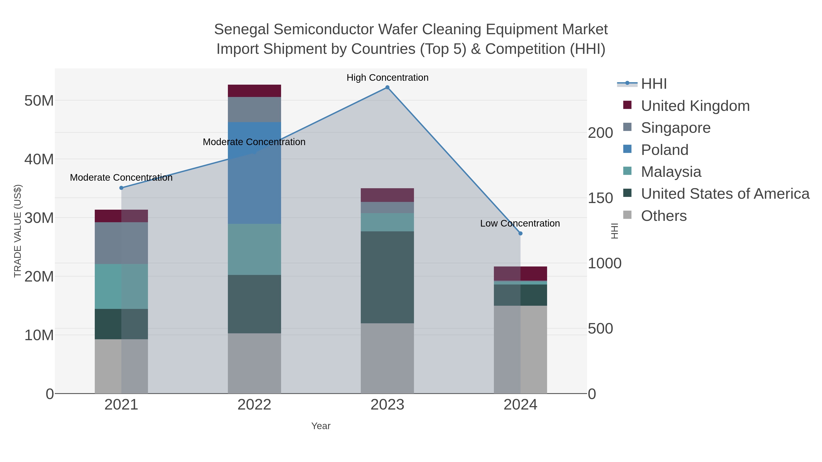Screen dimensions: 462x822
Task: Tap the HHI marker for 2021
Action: pyautogui.click(x=121, y=188)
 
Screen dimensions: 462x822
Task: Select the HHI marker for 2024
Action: pyautogui.click(x=520, y=233)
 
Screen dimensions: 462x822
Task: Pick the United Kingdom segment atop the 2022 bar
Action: pyautogui.click(x=254, y=91)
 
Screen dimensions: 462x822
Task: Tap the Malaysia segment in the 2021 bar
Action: pyautogui.click(x=121, y=286)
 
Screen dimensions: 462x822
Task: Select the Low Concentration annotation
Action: pyautogui.click(x=520, y=223)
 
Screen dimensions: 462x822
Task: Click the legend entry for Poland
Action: pyautogui.click(x=664, y=150)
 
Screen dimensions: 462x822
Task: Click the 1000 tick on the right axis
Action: pyautogui.click(x=604, y=263)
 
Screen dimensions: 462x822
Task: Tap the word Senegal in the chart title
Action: pyautogui.click(x=242, y=29)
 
